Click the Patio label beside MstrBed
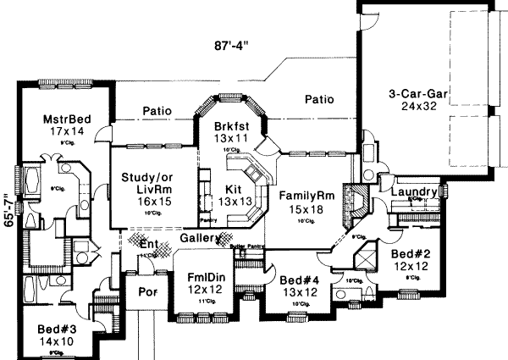pyautogui.click(x=158, y=110)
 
